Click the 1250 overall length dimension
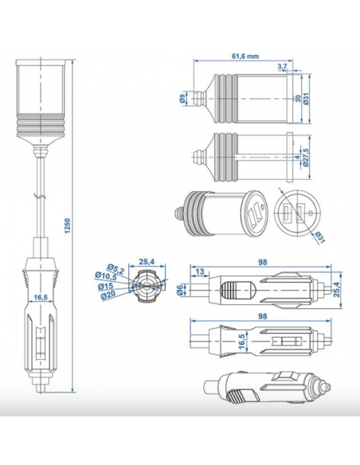point(68,226)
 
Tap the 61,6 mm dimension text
point(245,56)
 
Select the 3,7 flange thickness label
point(283,66)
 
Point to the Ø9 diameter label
point(182,98)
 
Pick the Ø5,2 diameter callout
point(115,268)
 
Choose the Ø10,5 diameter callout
point(106,276)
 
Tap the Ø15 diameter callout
point(106,286)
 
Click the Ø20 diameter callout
point(108,295)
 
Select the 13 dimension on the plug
point(200,272)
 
